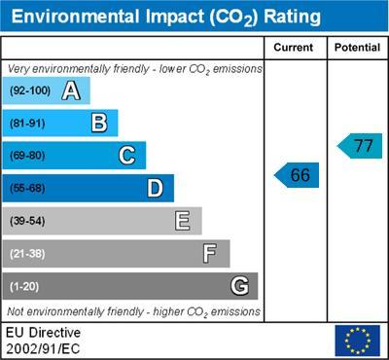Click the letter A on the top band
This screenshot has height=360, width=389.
70,90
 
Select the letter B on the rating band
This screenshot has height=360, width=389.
98,123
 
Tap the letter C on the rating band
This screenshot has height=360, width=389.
126,156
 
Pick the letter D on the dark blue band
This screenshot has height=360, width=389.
155,188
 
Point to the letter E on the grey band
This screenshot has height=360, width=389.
182,221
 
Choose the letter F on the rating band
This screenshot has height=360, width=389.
210,253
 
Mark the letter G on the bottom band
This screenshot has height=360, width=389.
238,286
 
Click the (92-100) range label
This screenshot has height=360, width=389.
30,90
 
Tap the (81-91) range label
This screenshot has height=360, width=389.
28,124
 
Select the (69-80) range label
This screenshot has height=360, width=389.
28,156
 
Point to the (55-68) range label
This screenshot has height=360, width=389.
28,189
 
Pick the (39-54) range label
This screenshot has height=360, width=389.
28,221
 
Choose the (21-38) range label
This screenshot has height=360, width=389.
28,254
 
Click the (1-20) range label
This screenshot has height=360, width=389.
25,286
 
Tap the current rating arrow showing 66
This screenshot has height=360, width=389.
298,175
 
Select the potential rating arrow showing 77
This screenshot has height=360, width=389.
360,146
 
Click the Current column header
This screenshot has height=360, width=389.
294,47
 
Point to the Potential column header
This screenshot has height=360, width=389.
357,47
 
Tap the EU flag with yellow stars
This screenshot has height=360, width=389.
357,341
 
